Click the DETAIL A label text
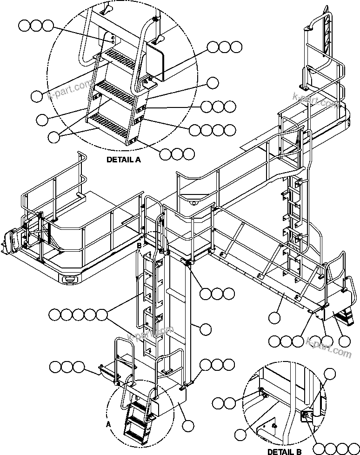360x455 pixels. coord(123,159)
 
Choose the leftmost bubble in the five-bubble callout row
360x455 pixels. coord(55,315)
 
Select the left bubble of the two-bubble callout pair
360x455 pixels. coord(218,402)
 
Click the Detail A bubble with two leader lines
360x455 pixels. coord(55,136)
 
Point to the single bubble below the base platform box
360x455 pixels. coord(188,425)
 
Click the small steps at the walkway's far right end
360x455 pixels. coord(344,317)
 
